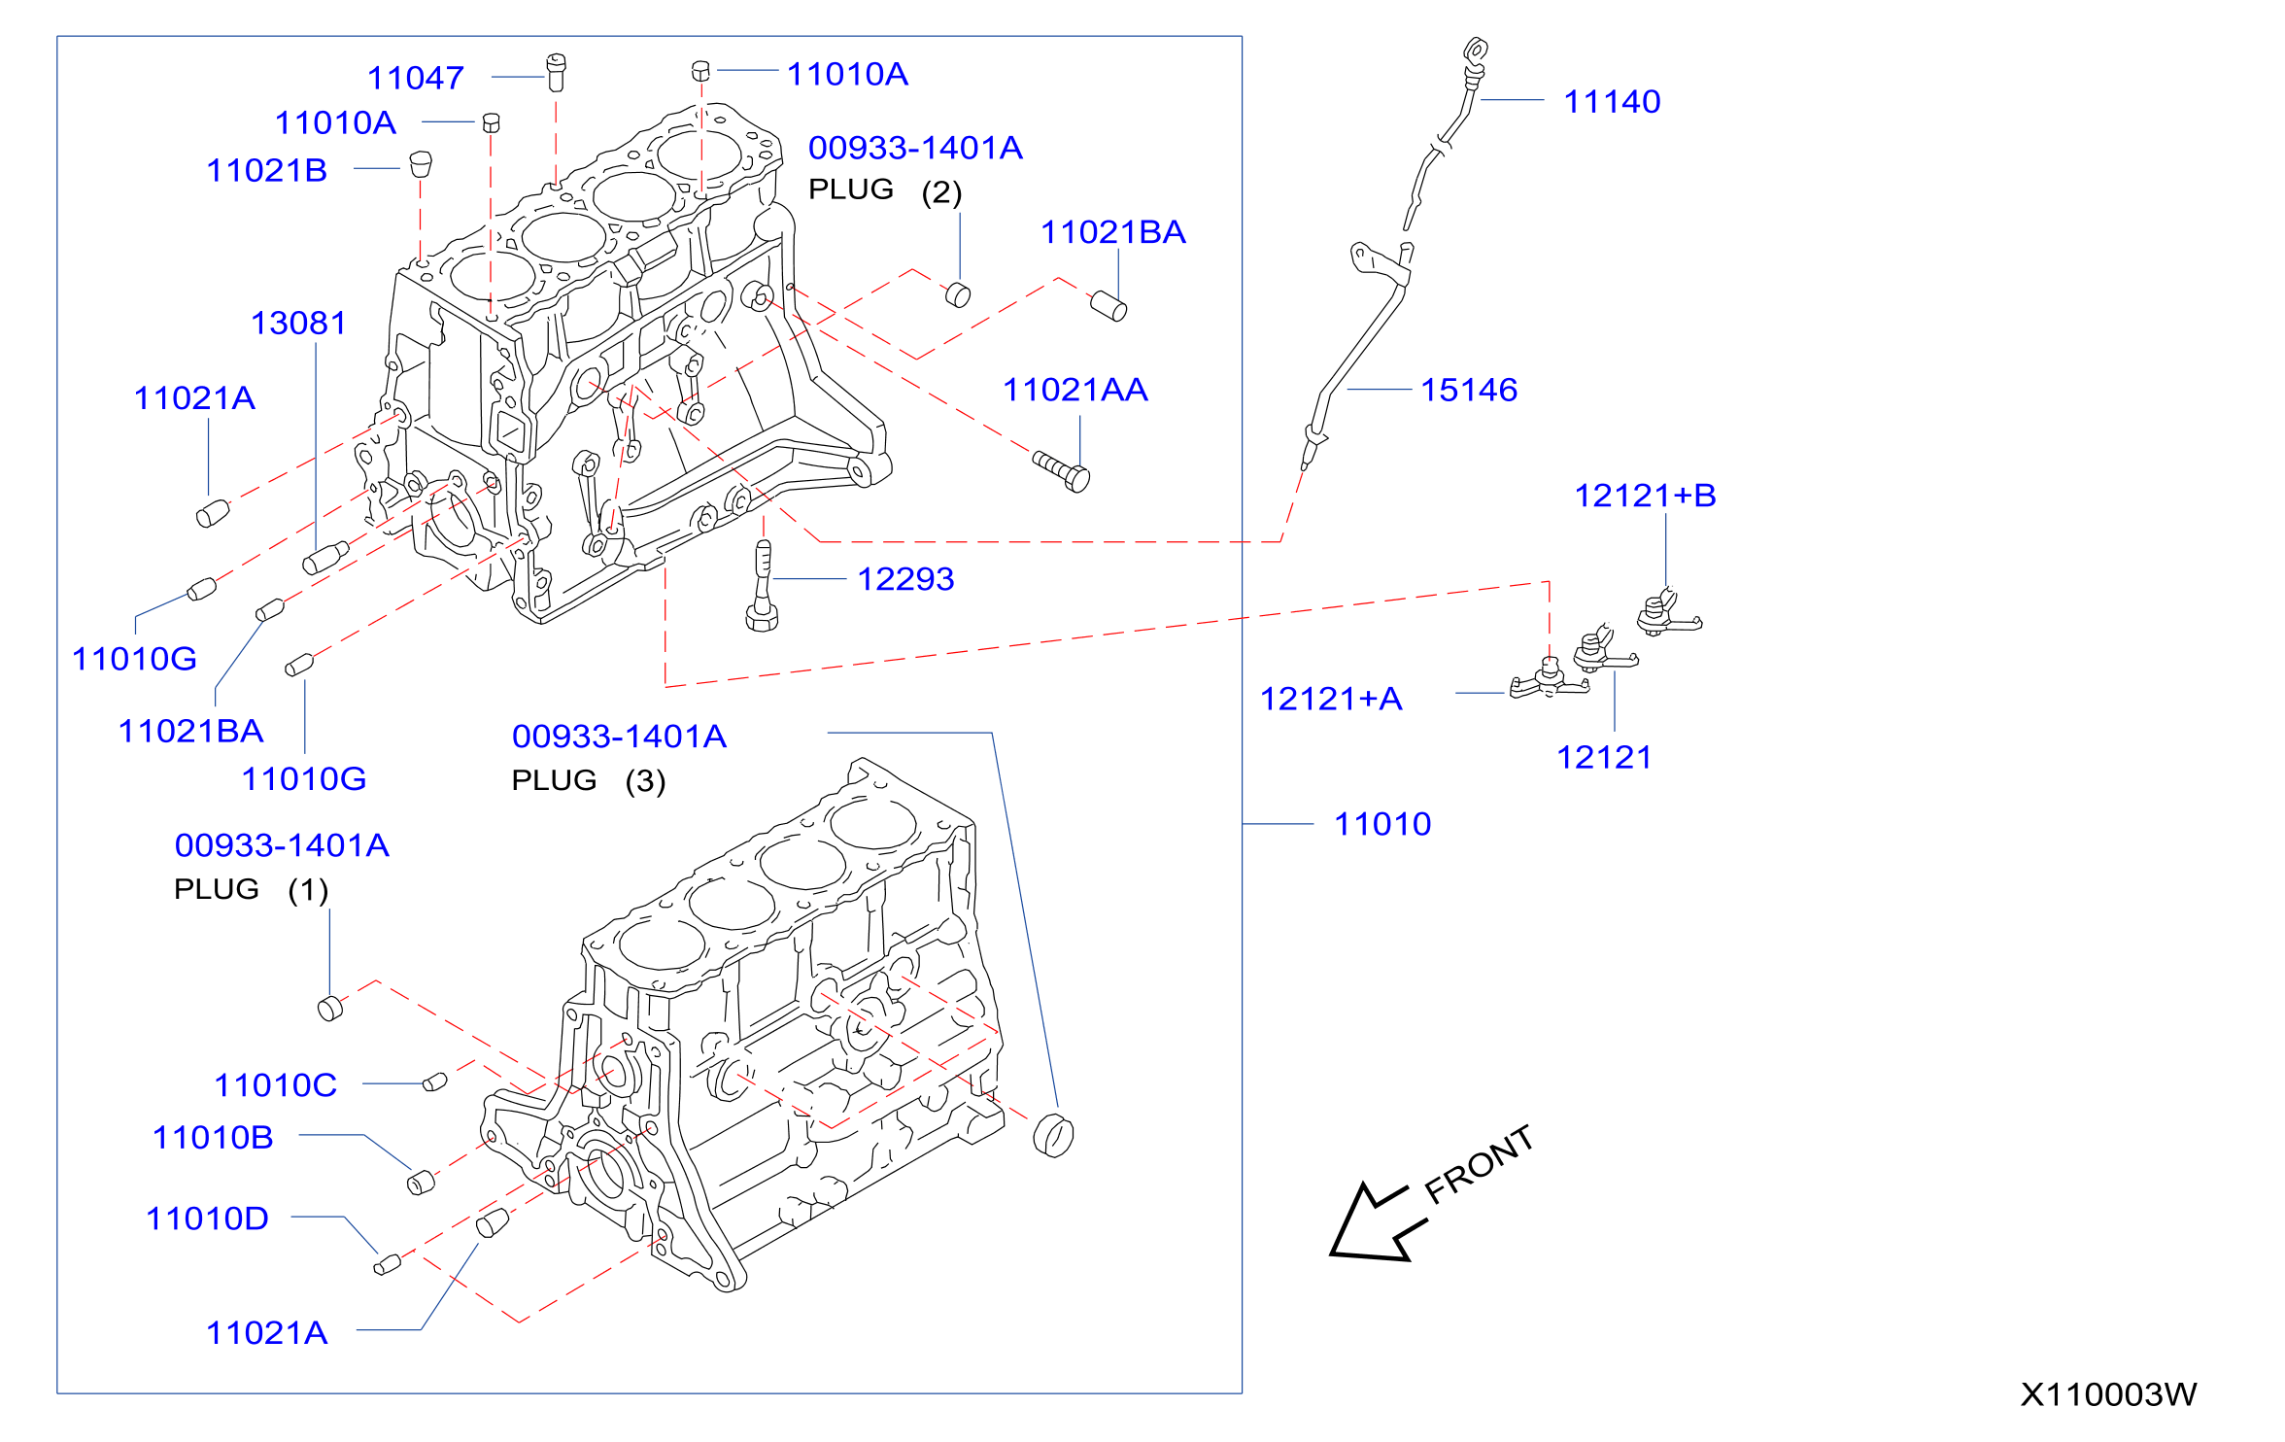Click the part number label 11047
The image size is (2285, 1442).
click(416, 78)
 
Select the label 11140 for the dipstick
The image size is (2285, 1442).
click(1612, 101)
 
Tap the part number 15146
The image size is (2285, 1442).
click(1469, 390)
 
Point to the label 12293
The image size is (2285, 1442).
click(905, 579)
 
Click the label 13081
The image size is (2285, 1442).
click(298, 323)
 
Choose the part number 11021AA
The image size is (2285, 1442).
click(1075, 390)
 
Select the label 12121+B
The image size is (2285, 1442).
click(1645, 496)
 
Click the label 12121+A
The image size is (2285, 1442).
click(1331, 699)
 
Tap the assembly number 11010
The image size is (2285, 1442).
click(1382, 824)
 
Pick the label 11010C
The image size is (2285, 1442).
click(276, 1085)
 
